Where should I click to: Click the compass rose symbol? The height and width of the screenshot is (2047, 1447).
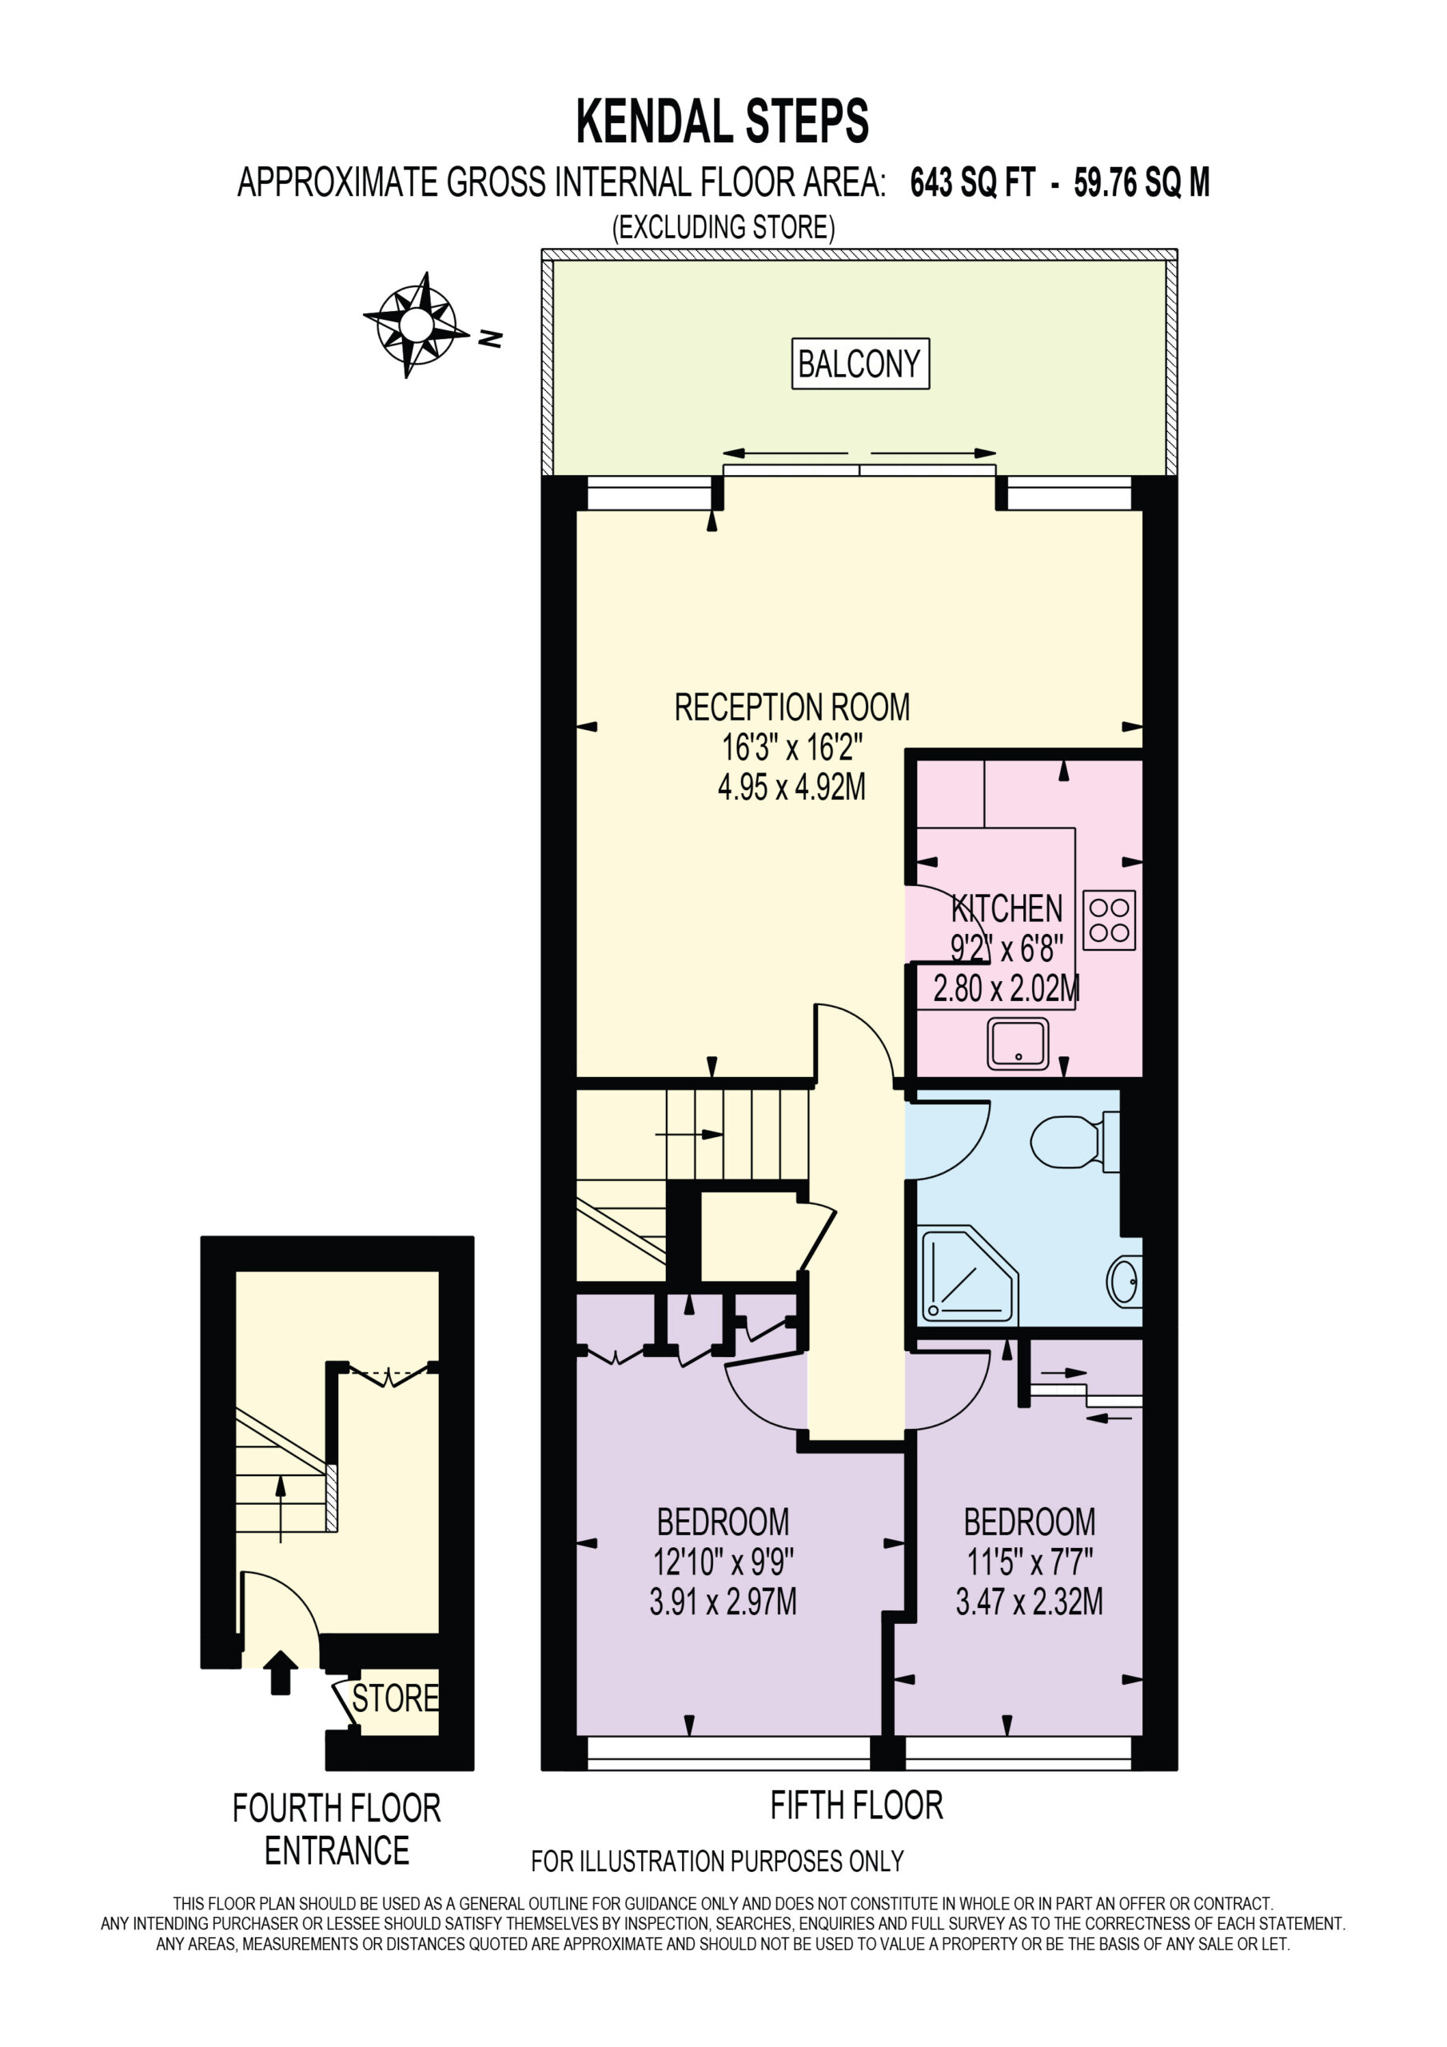point(416,325)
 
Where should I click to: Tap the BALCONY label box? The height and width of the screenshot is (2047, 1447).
point(860,364)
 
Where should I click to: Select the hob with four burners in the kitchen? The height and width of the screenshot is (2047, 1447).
point(1109,920)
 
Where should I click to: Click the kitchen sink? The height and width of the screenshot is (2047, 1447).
point(1017,1044)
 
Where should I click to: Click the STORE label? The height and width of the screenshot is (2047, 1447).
point(395,1698)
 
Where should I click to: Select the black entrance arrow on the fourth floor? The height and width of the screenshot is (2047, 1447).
point(281,1673)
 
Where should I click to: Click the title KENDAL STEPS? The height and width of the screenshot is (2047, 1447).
point(722,122)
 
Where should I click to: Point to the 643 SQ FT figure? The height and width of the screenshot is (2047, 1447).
point(973,183)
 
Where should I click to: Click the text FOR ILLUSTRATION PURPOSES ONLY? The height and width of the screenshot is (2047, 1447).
point(718,1861)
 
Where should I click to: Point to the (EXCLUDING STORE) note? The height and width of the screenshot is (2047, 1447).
point(723,227)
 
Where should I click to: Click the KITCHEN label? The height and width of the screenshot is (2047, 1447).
point(1007,908)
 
